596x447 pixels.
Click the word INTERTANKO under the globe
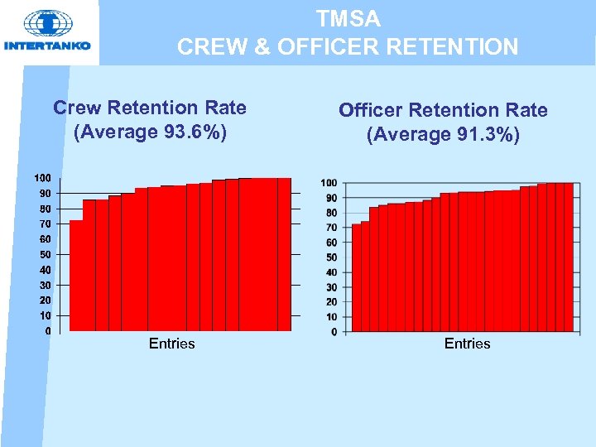point(47,46)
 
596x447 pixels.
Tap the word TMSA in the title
point(348,18)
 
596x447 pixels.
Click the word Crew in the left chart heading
point(76,108)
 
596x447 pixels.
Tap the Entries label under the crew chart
point(171,344)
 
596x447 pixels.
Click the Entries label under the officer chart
point(467,344)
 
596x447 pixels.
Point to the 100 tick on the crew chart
point(42,178)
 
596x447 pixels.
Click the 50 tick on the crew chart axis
point(45,254)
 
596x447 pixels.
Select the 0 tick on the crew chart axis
point(48,331)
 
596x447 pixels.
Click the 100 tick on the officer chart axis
point(329,182)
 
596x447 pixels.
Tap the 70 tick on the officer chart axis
point(331,228)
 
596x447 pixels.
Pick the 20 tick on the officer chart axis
point(331,302)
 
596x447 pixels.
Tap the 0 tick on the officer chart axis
point(334,332)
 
